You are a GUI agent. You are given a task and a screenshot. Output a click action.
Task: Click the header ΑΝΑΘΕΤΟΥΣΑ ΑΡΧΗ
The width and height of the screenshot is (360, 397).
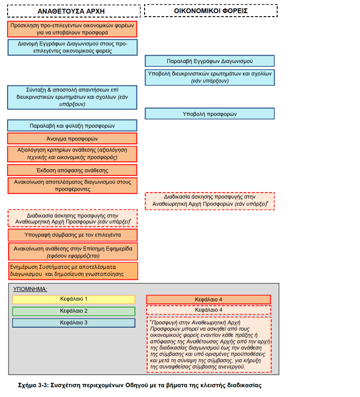pyautogui.click(x=72, y=11)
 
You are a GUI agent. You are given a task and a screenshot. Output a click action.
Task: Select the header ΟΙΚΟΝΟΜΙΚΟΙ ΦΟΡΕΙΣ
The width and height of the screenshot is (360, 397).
pyautogui.click(x=211, y=11)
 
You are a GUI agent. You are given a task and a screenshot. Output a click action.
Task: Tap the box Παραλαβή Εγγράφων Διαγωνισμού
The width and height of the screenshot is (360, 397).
pyautogui.click(x=210, y=61)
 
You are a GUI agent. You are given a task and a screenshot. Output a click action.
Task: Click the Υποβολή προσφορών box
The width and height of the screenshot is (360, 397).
pyautogui.click(x=210, y=114)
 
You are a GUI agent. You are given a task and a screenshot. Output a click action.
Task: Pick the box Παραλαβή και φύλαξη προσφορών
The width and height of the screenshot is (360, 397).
pyautogui.click(x=72, y=125)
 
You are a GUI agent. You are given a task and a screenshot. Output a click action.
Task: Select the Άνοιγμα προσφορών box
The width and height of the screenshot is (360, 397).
pyautogui.click(x=72, y=138)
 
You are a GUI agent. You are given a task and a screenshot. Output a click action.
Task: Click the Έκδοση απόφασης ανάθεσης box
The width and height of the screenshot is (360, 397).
pyautogui.click(x=72, y=170)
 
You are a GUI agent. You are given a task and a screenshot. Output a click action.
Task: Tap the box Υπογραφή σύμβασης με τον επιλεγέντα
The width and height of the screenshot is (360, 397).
pyautogui.click(x=72, y=235)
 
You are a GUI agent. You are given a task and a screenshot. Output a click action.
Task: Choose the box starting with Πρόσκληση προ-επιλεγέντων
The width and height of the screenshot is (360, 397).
pyautogui.click(x=72, y=29)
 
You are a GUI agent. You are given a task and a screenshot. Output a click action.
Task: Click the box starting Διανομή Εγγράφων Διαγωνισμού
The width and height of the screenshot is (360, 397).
pyautogui.click(x=72, y=47)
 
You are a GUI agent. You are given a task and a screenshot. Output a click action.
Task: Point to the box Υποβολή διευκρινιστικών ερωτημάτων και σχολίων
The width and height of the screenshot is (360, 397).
pyautogui.click(x=210, y=77)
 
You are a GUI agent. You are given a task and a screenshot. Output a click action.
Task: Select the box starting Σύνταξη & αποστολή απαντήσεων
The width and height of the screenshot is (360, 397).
pyautogui.click(x=72, y=96)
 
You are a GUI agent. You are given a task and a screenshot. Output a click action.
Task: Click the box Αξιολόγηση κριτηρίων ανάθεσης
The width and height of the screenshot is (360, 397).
pyautogui.click(x=72, y=154)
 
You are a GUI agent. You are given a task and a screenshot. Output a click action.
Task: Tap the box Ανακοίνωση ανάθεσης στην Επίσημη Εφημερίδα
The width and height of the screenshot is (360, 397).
pyautogui.click(x=72, y=251)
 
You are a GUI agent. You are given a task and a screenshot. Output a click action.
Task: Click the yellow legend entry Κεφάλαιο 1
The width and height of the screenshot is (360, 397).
pyautogui.click(x=74, y=300)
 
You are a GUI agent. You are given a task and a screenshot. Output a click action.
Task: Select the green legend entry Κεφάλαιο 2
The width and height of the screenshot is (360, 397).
pyautogui.click(x=74, y=311)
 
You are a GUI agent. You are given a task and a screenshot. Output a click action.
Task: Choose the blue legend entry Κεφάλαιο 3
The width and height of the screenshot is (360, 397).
pyautogui.click(x=74, y=323)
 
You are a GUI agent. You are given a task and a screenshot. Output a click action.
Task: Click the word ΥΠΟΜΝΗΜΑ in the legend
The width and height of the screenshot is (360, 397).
pyautogui.click(x=31, y=289)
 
